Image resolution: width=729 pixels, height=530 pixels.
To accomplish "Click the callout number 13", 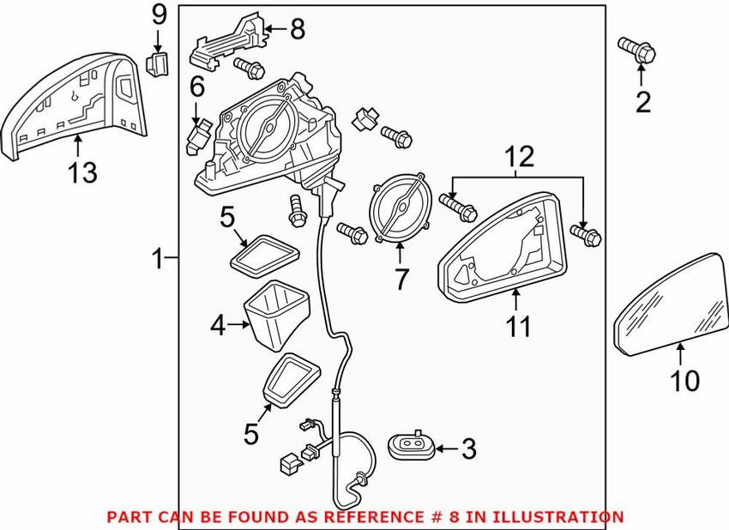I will [x=83, y=172].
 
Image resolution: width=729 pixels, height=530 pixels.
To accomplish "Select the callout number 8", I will [x=296, y=30].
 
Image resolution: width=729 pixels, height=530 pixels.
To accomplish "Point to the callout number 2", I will [x=642, y=104].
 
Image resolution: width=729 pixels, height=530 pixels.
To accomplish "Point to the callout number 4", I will [x=217, y=326].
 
